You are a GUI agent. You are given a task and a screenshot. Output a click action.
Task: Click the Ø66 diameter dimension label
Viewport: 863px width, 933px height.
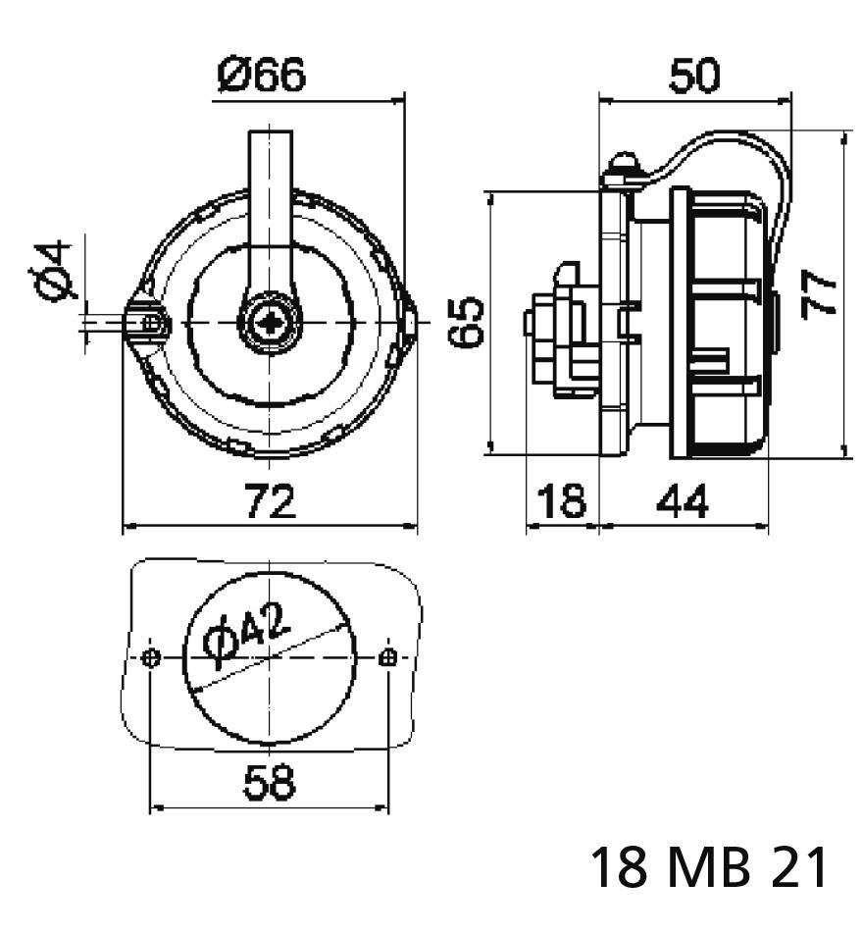tap(263, 75)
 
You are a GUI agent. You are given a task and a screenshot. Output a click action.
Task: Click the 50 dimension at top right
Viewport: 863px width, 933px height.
tap(694, 76)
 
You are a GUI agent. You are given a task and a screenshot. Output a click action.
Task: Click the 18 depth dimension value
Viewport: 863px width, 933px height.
tap(562, 501)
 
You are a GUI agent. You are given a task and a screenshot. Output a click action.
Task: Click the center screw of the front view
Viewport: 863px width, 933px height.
tap(268, 322)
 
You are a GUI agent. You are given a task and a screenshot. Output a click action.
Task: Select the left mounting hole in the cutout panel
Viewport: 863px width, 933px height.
tap(149, 657)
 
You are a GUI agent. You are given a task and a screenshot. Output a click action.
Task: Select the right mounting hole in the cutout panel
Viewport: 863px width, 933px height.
tap(388, 657)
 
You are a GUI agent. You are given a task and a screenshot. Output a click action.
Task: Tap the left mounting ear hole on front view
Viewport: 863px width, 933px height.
tap(149, 322)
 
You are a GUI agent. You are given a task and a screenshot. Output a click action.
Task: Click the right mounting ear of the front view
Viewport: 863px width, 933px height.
tap(409, 322)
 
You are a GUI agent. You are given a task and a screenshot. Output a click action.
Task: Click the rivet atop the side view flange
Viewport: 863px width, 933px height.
tap(622, 164)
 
